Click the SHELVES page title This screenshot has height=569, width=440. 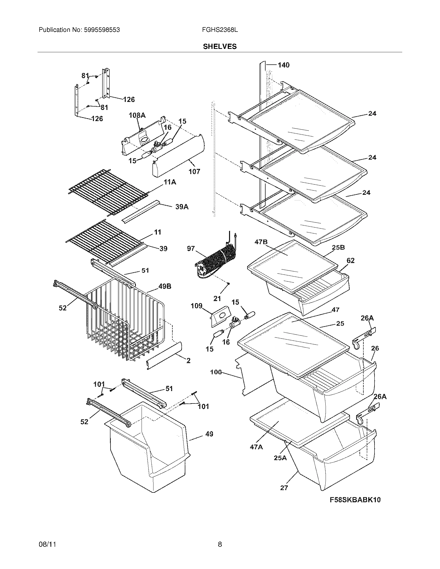(220, 47)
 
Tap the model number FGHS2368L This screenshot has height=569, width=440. (220, 30)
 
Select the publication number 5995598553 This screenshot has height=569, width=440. (102, 30)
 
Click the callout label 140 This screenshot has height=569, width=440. (283, 65)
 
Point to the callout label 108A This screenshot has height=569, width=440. (137, 115)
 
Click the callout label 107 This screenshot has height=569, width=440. (194, 171)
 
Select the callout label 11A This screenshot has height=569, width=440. (170, 182)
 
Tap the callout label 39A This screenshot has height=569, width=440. (182, 207)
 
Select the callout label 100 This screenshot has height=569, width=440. (216, 372)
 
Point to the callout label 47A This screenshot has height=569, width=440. (256, 447)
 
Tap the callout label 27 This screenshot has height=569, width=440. (284, 488)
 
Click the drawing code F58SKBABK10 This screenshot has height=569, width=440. (355, 499)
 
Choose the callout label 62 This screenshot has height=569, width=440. (350, 260)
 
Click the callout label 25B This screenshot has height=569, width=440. (338, 247)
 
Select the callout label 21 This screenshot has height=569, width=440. (217, 298)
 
